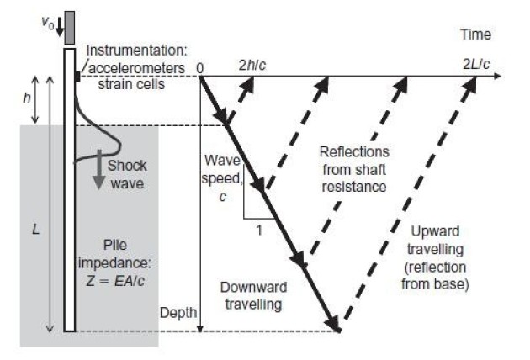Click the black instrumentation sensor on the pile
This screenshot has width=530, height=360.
pyautogui.click(x=77, y=77)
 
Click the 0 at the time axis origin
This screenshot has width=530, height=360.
pyautogui.click(x=200, y=66)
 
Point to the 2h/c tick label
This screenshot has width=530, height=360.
pyautogui.click(x=252, y=66)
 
